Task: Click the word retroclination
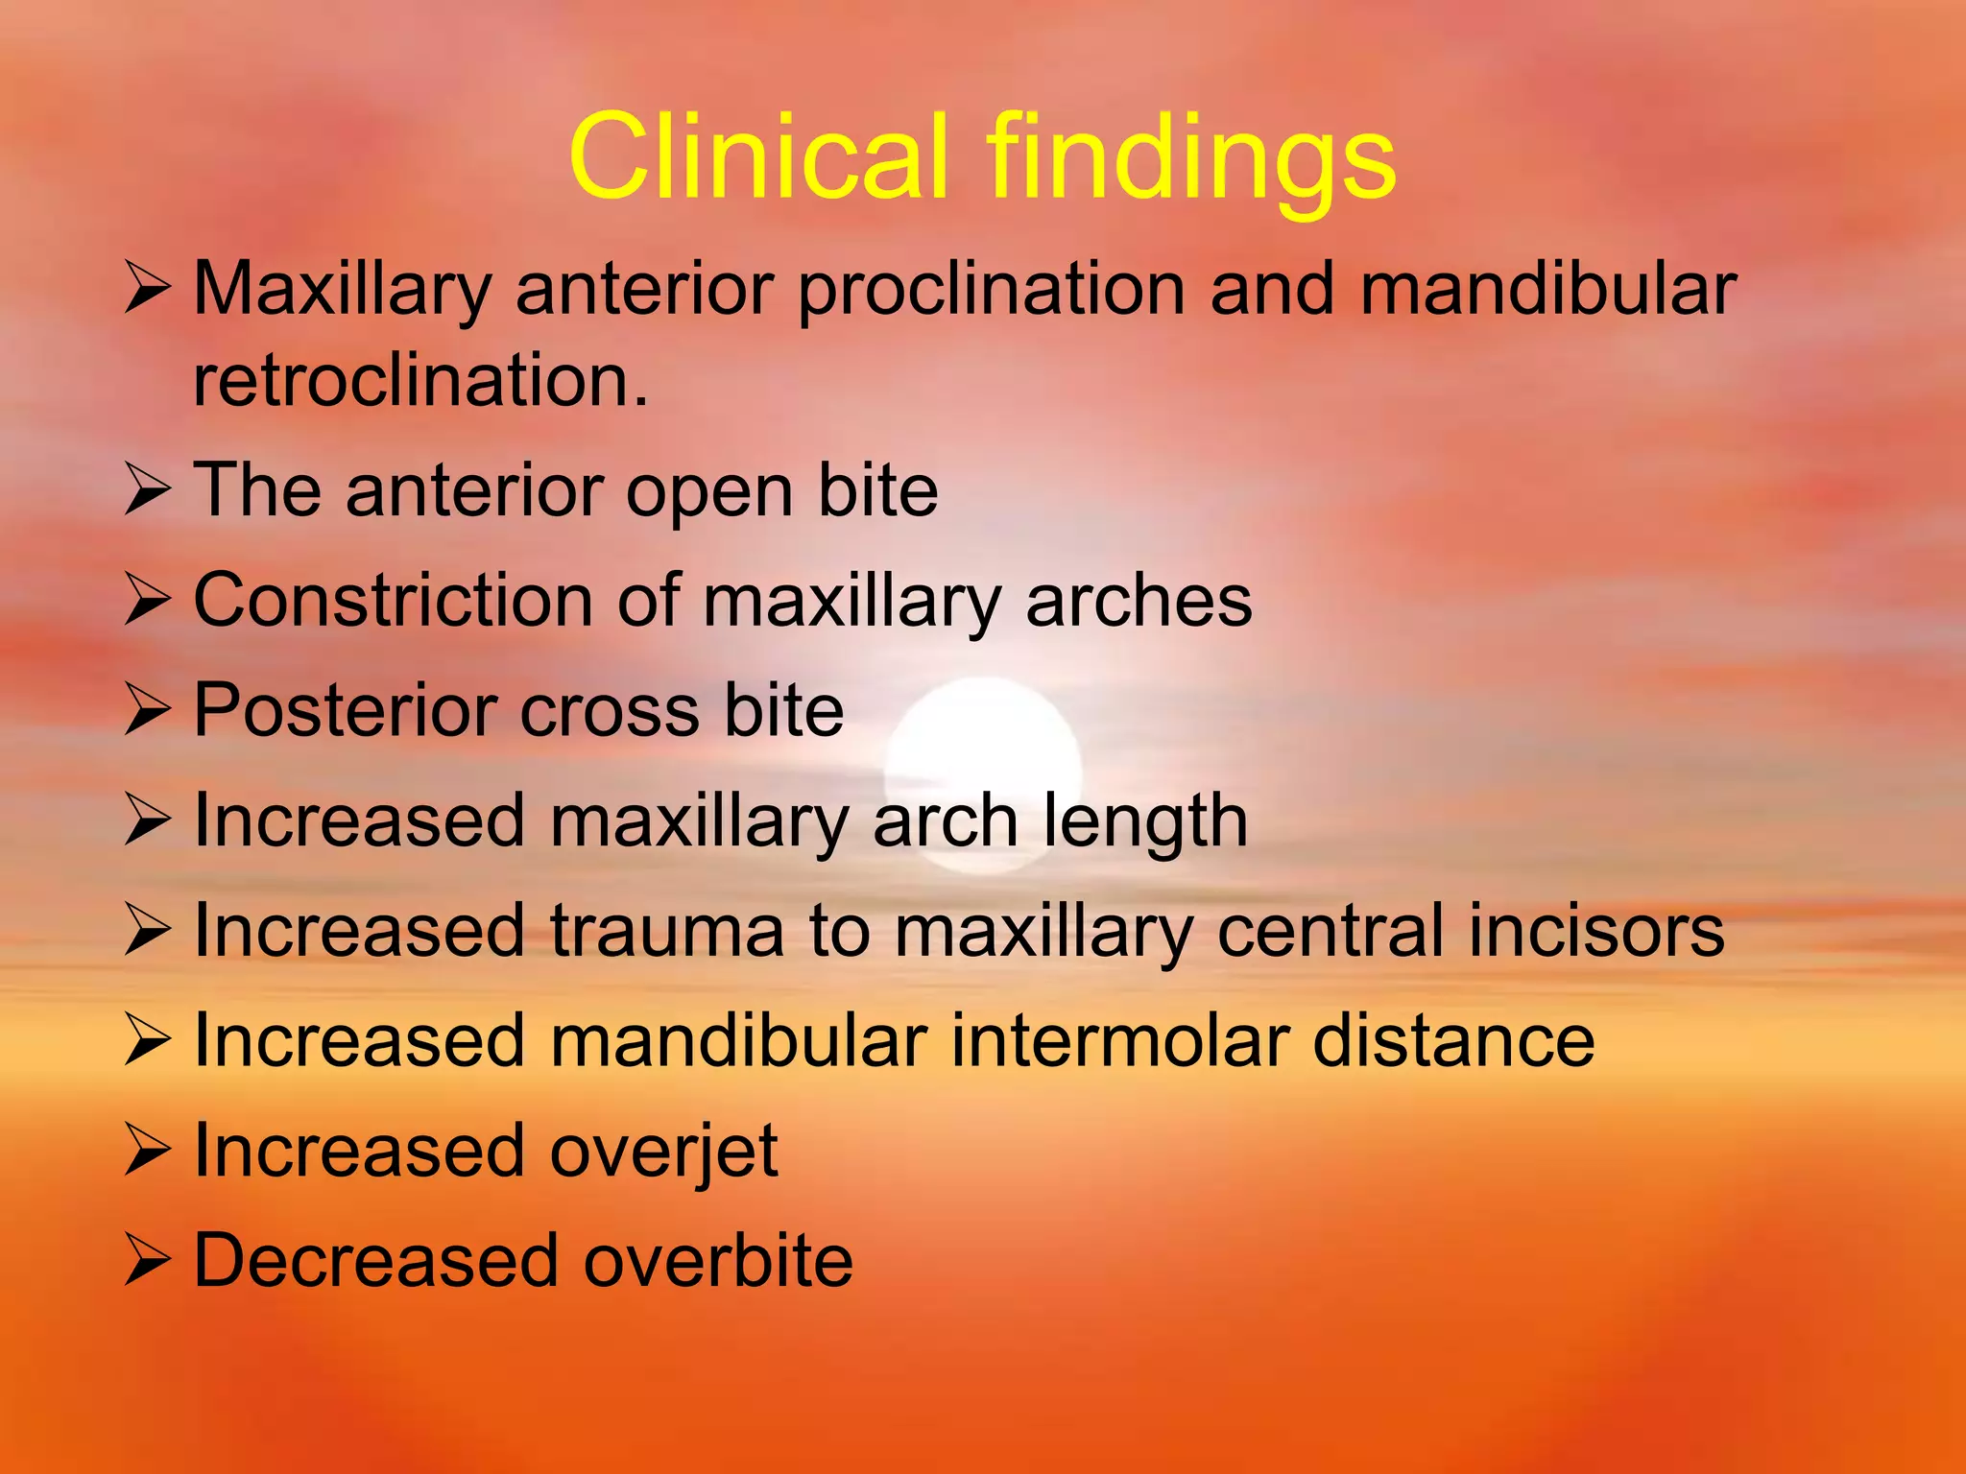[x=420, y=381]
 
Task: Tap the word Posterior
[x=343, y=710]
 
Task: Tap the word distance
[x=1453, y=1040]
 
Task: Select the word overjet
[x=663, y=1153]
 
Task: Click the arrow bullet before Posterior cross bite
[x=147, y=712]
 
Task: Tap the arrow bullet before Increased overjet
[x=147, y=1153]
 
